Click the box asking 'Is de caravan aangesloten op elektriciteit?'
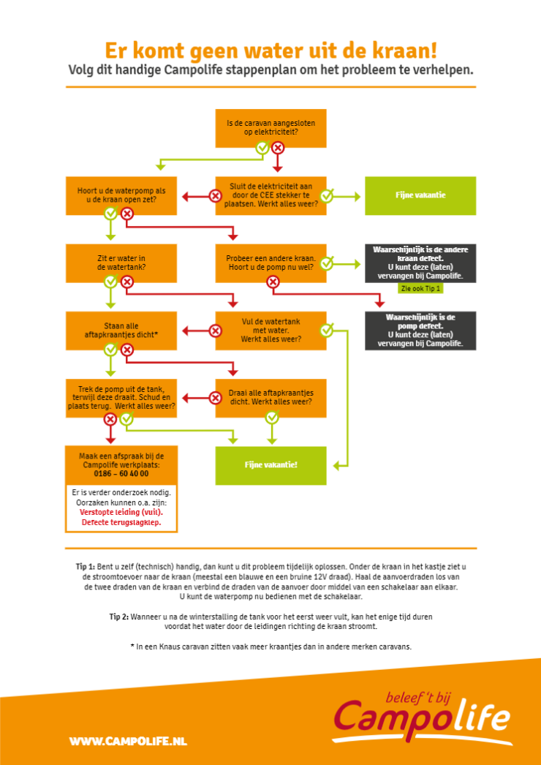(x=270, y=128)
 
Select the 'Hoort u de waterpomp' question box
(x=121, y=196)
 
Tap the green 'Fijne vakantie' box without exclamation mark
(x=420, y=196)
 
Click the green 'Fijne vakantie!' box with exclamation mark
(x=270, y=465)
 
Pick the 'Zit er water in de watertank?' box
(x=121, y=263)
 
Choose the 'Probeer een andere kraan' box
(x=270, y=263)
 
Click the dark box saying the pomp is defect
(x=420, y=331)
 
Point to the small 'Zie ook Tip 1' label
(x=420, y=288)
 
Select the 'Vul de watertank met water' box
(x=270, y=331)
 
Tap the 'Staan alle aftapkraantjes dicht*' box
(x=121, y=331)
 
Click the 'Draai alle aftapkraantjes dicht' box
(x=270, y=398)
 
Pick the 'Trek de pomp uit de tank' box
(x=121, y=398)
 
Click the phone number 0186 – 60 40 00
(x=121, y=474)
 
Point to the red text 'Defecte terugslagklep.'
(x=121, y=522)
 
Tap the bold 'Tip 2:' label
(x=119, y=617)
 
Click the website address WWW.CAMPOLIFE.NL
(x=128, y=742)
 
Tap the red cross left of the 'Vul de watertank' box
(x=215, y=331)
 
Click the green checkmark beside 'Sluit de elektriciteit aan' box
(x=327, y=196)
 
